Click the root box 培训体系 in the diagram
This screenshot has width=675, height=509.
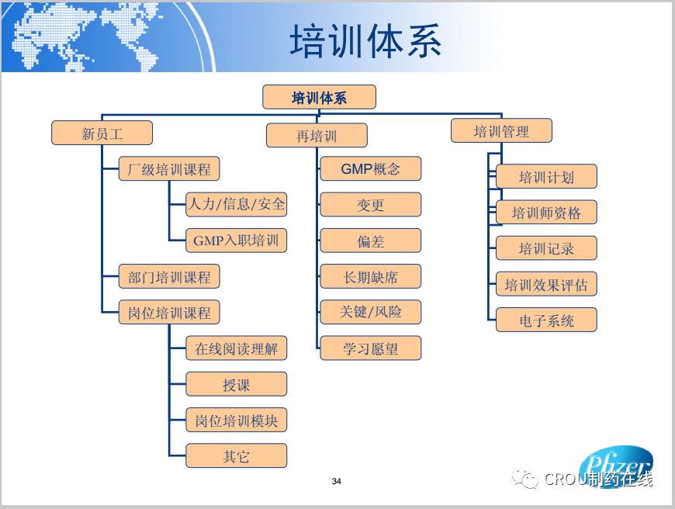tap(319, 98)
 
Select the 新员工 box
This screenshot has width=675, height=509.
tap(102, 133)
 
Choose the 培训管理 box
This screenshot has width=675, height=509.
tap(501, 131)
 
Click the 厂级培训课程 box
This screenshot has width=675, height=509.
tap(169, 169)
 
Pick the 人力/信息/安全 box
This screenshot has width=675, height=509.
tap(237, 205)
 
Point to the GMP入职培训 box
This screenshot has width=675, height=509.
tap(237, 241)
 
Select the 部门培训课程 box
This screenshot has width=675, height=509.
tap(169, 277)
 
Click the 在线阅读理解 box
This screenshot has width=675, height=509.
tap(237, 349)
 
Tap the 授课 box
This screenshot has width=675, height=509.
tap(237, 385)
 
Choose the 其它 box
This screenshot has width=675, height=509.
tap(237, 456)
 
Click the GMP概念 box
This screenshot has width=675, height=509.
tap(371, 169)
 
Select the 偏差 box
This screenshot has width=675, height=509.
tap(371, 241)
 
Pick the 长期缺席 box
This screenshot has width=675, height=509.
tap(371, 276)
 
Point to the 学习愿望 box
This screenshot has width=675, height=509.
tap(371, 348)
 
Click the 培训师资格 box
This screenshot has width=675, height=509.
tap(546, 213)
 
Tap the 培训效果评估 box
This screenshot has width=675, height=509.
tap(546, 285)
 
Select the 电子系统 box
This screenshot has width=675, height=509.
tap(546, 320)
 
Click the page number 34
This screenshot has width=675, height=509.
tap(337, 481)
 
